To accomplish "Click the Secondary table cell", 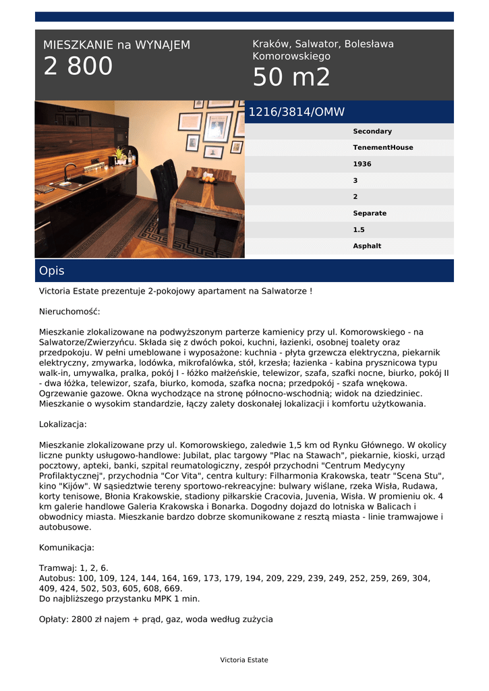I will [x=372, y=132].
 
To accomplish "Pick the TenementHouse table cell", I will [x=382, y=148].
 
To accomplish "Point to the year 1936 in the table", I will [x=362, y=164].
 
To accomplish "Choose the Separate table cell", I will [x=370, y=213].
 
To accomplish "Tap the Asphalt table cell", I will [x=367, y=246].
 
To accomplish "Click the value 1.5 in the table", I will [x=358, y=230].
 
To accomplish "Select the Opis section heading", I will [x=52, y=271].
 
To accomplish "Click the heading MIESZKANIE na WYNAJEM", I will [x=117, y=45].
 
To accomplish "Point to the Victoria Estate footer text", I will [x=243, y=660].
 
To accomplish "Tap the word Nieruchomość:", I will [x=69, y=312].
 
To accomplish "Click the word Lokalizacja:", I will [x=63, y=424].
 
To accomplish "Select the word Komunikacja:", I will [x=67, y=547].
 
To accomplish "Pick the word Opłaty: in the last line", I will [x=53, y=619].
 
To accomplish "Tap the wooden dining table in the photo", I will [x=206, y=196].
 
